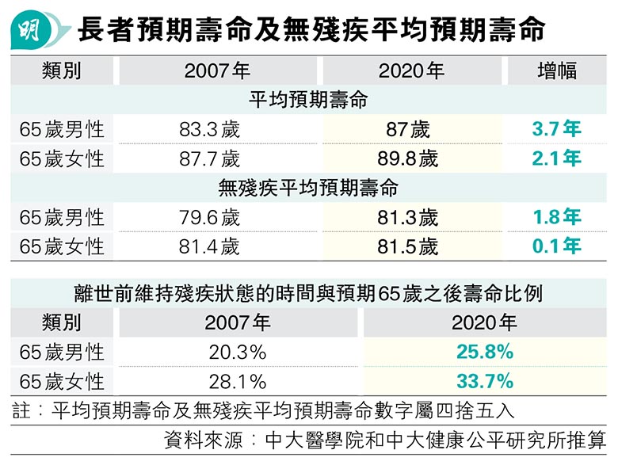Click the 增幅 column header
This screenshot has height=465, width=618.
[x=556, y=71]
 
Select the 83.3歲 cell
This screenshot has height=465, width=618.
[x=209, y=129]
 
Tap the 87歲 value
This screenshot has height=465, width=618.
[x=408, y=129]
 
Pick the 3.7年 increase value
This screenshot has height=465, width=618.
[x=556, y=129]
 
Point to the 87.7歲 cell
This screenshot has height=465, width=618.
[x=209, y=158]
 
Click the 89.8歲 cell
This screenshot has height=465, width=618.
[x=408, y=158]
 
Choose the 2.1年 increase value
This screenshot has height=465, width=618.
[x=556, y=158]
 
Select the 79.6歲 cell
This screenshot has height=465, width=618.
[x=209, y=217]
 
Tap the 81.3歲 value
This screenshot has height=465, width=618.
[x=408, y=217]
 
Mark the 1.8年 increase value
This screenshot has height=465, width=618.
[x=556, y=217]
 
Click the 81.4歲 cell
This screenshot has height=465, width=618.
[x=209, y=246]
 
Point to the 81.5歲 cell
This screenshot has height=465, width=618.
[x=408, y=246]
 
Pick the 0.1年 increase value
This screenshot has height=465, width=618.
[x=556, y=246]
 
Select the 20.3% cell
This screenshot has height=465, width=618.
[x=237, y=352]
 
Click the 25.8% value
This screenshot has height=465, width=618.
[x=484, y=352]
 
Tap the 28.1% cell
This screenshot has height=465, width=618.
[x=237, y=381]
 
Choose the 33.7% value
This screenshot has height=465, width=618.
[x=484, y=381]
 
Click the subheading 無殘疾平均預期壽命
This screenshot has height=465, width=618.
[x=308, y=189]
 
